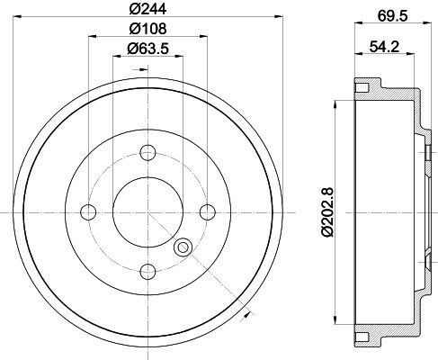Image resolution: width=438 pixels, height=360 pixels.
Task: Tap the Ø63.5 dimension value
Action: click(x=149, y=49)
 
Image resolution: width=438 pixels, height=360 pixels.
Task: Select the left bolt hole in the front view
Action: click(x=88, y=211)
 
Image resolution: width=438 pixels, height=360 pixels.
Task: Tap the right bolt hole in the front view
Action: click(x=207, y=211)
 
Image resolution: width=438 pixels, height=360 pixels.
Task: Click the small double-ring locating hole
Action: click(x=184, y=247)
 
